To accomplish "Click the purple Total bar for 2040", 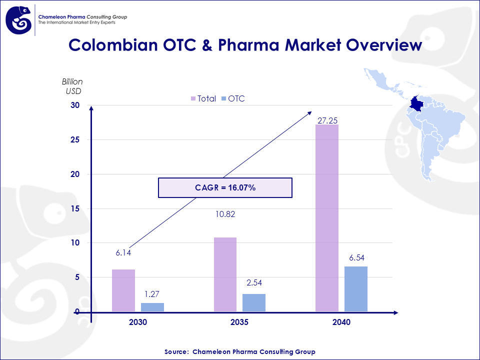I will click(327, 218).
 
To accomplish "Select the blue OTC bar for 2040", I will click(355, 289).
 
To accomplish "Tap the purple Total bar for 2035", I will click(225, 274).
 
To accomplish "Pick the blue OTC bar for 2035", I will click(253, 303).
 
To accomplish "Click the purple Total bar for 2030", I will click(123, 290).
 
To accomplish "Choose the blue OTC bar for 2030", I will click(152, 307).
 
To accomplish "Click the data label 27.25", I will click(327, 120).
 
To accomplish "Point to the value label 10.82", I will click(225, 214).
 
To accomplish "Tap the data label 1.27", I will click(152, 294).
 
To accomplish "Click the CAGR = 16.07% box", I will click(225, 187).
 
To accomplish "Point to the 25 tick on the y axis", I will click(75, 140).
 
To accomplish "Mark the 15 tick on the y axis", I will click(75, 208).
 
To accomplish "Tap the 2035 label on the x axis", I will click(239, 322).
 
